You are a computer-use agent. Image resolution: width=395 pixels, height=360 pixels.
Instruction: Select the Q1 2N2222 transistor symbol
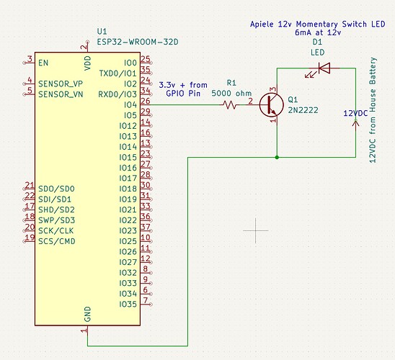click(x=272, y=104)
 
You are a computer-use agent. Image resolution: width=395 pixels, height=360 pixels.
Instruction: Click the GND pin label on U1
click(x=87, y=314)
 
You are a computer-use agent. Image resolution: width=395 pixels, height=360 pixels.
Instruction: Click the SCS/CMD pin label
click(x=57, y=241)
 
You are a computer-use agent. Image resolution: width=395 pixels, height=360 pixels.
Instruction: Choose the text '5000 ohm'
click(x=233, y=93)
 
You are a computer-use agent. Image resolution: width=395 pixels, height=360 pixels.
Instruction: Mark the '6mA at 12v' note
click(x=318, y=33)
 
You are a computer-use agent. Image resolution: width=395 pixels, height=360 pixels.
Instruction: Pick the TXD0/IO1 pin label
click(x=117, y=73)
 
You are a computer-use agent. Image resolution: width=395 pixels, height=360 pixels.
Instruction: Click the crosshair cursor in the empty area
click(x=256, y=230)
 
